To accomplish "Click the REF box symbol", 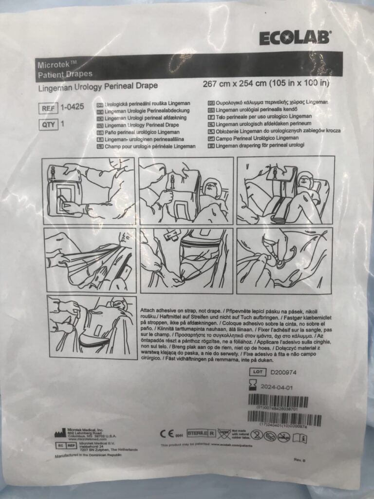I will pos(47,108).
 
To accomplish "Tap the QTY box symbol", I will pos(47,124).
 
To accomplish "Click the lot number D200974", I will pos(283,372).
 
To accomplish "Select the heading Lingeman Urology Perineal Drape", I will pos(98,87).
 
